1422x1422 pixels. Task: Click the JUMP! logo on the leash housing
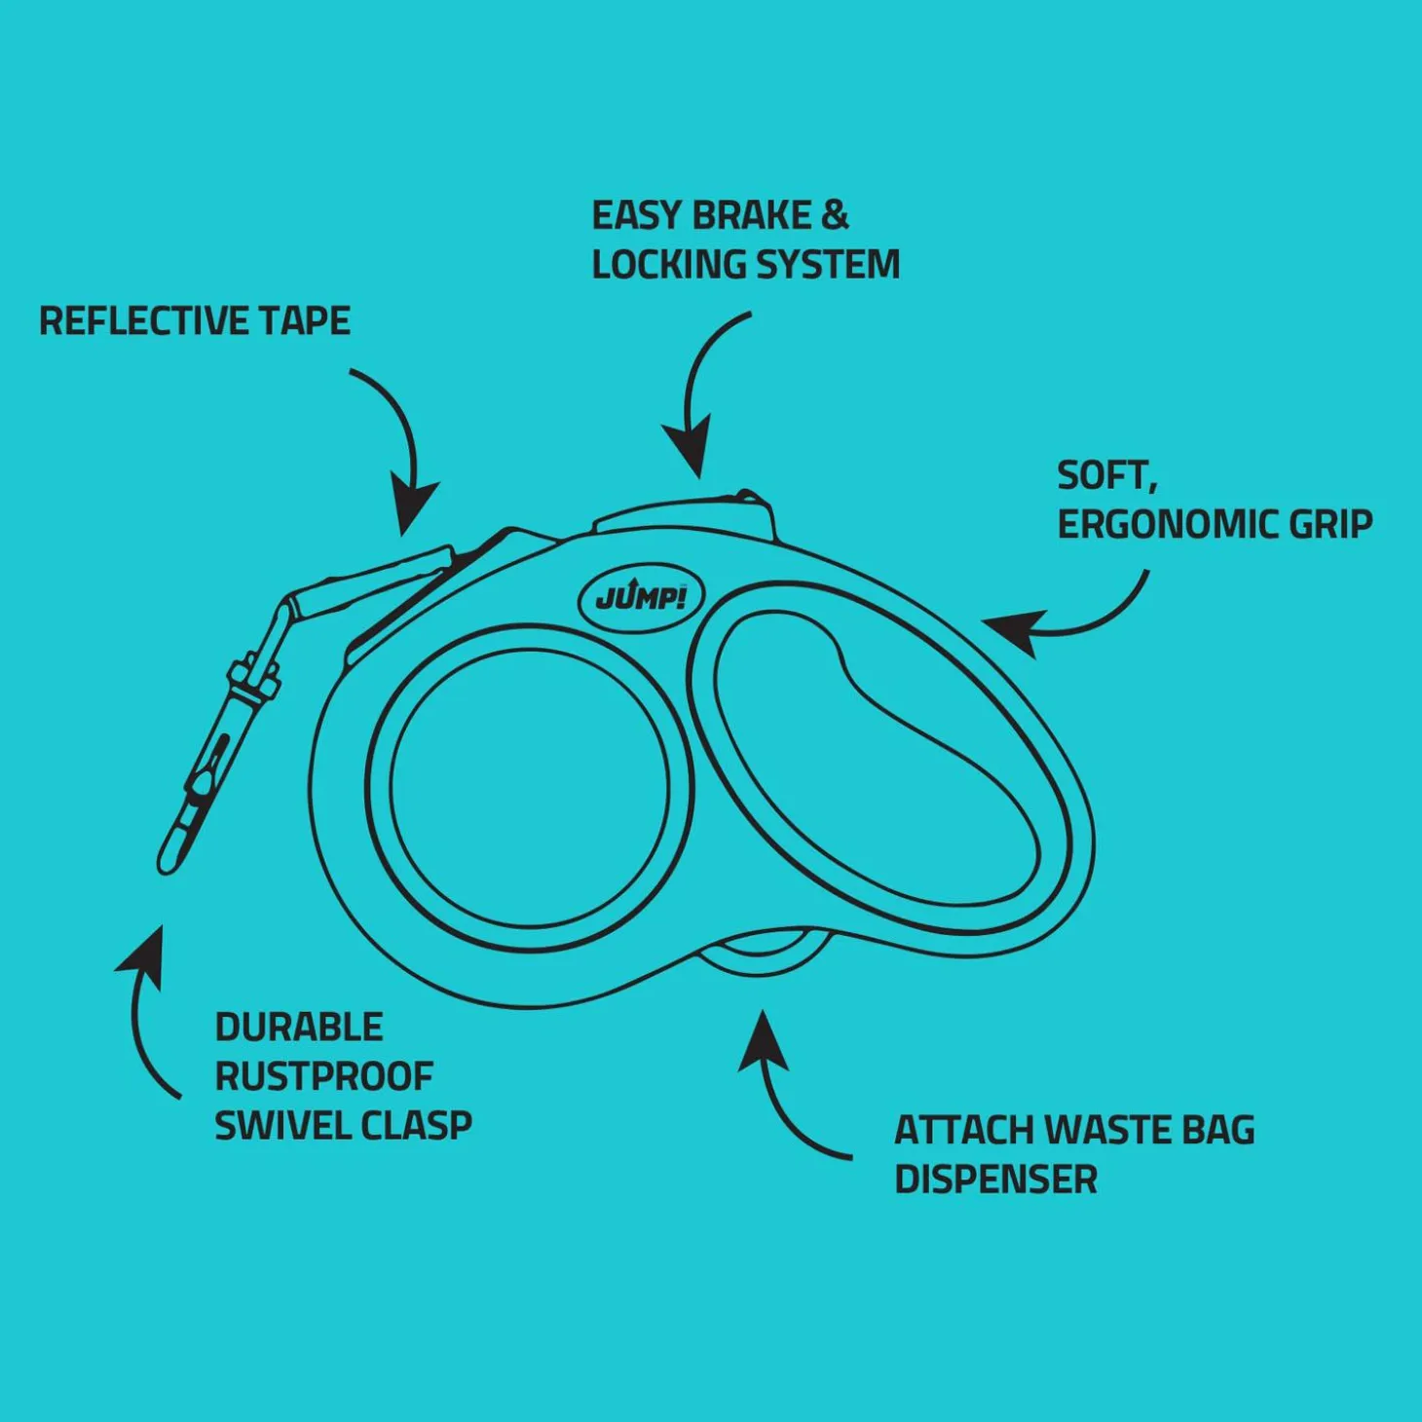641,598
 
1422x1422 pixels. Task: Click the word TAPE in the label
305,321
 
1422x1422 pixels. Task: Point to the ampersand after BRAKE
835,216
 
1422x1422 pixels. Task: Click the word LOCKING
668,265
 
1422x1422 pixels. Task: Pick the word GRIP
1330,525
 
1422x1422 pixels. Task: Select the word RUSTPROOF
323,1077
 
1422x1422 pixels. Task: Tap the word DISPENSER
995,1179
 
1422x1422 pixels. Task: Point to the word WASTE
1106,1131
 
